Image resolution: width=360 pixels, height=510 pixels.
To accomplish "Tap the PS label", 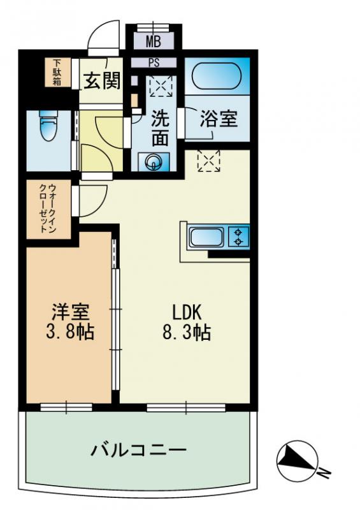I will pyautogui.click(x=154, y=62).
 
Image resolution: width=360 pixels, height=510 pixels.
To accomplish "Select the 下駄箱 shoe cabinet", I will pyautogui.click(x=57, y=73).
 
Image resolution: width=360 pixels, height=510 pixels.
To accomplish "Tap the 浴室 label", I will pyautogui.click(x=219, y=119).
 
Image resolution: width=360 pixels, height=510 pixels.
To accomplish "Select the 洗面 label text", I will pyautogui.click(x=160, y=129).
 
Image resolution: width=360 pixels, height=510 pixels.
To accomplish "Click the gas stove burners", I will pyautogui.click(x=239, y=237).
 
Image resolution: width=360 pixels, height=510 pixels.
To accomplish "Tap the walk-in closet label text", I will pyautogui.click(x=48, y=207).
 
